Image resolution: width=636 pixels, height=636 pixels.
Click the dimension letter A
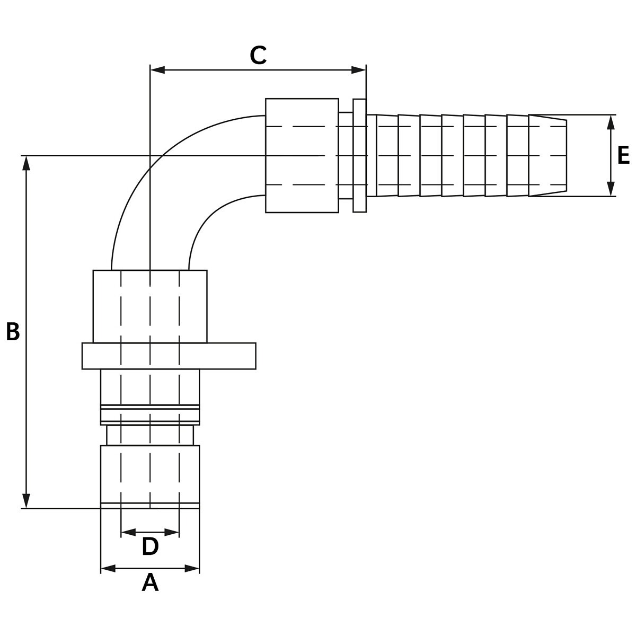[x=150, y=583]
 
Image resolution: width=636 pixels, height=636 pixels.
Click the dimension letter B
[x=13, y=332]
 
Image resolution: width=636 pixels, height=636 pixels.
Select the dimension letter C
[x=258, y=56]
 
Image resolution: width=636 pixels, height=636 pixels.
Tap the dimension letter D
[x=150, y=547]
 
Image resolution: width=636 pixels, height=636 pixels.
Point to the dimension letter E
[x=623, y=156]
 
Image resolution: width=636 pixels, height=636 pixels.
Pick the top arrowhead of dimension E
[x=611, y=122]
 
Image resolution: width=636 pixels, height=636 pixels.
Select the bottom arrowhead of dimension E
[x=611, y=189]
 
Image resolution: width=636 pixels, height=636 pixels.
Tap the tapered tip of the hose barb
[x=548, y=156]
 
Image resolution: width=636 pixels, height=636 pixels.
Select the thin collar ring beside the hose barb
[x=359, y=156]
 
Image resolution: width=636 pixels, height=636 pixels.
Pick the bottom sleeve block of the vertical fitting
[x=150, y=474]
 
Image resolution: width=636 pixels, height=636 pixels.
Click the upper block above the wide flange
[x=150, y=306]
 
